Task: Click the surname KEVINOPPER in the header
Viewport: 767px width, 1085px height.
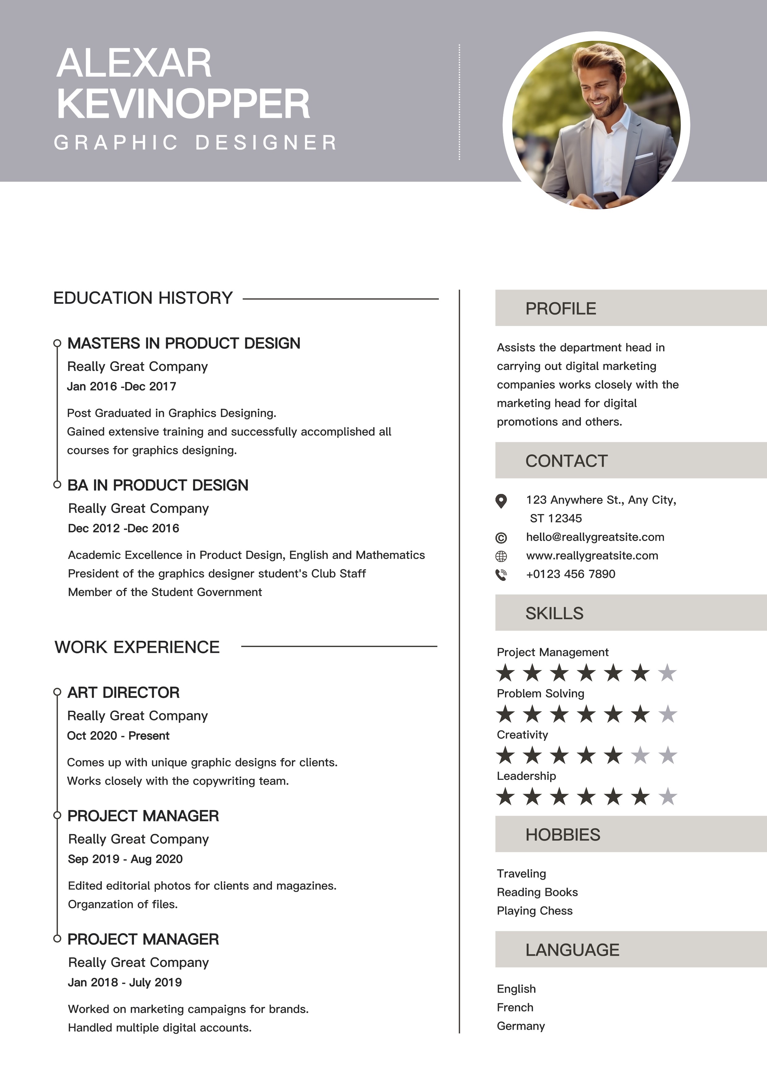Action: point(183,104)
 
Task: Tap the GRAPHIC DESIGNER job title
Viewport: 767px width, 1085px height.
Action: point(195,143)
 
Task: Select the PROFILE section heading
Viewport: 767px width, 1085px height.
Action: point(560,309)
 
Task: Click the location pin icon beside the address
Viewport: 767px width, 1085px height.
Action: point(501,500)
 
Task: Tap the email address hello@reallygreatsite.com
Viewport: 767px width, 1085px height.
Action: point(595,537)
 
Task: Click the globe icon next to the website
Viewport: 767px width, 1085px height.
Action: point(501,556)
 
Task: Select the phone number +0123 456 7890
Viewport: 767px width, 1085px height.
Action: point(570,574)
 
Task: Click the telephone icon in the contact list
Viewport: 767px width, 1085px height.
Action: point(501,575)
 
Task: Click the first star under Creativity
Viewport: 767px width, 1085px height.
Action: point(505,755)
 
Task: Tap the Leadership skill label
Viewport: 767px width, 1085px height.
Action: point(526,776)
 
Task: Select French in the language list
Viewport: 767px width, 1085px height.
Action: point(515,1007)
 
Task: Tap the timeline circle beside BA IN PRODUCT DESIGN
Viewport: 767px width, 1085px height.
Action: point(57,484)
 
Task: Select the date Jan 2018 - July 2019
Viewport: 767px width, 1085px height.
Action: point(125,982)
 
